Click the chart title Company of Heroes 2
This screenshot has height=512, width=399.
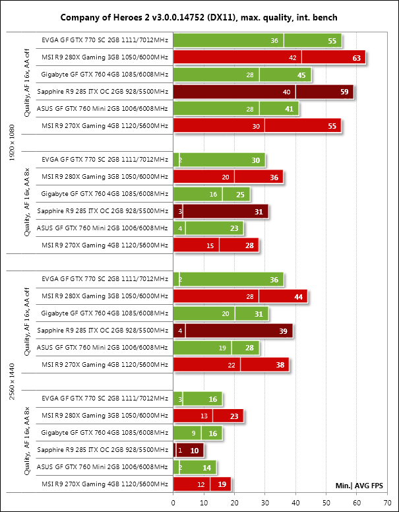[199, 16]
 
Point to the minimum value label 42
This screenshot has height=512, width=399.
[292, 57]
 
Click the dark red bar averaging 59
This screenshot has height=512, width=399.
[263, 92]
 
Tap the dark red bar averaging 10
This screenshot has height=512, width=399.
[188, 451]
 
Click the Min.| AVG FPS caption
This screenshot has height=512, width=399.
[360, 486]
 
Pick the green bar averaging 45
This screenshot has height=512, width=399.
[241, 75]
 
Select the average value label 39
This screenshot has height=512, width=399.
[284, 331]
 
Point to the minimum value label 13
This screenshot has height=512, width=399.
[204, 416]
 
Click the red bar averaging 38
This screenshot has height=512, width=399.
[230, 365]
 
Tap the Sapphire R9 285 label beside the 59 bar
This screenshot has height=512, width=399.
[103, 92]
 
